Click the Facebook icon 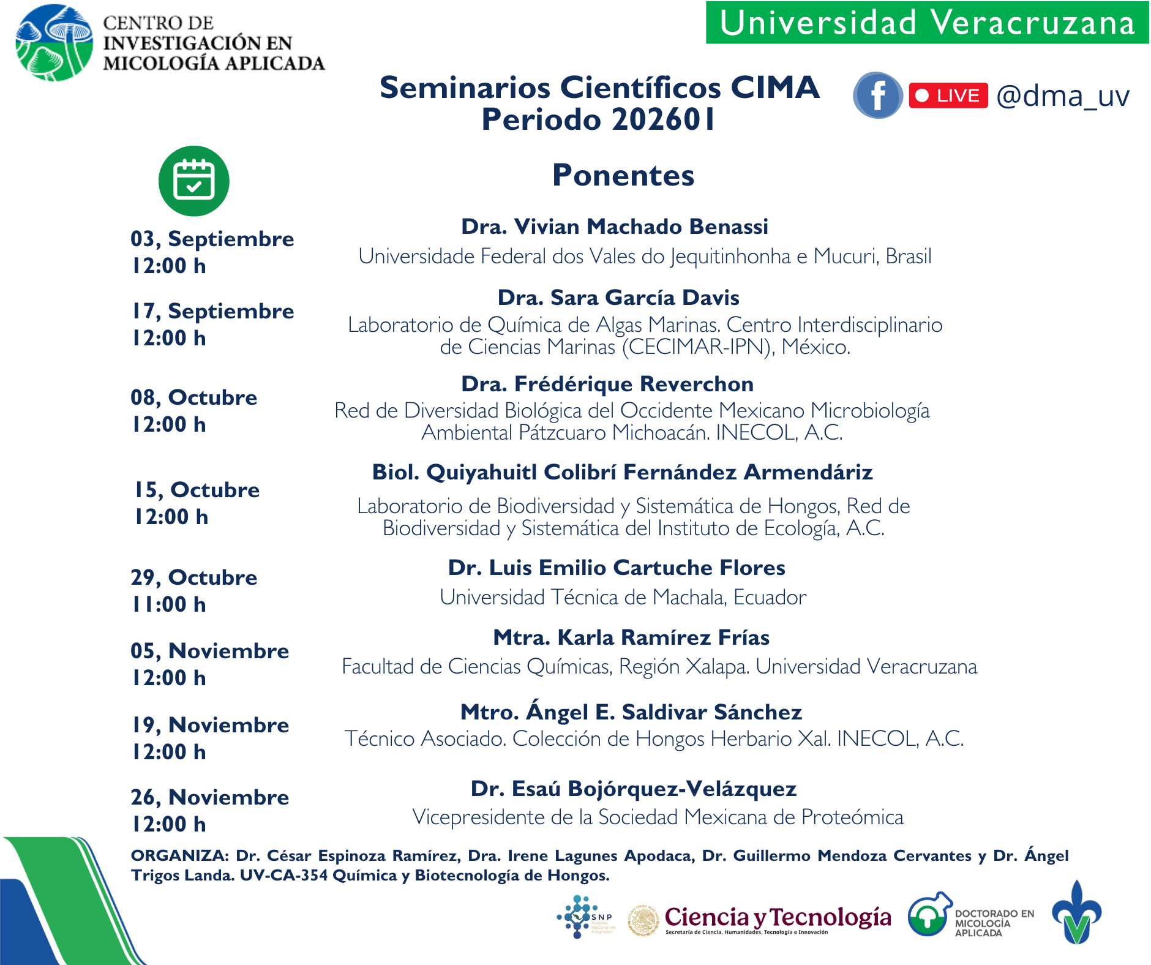tap(877, 96)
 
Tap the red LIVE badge tap(948, 96)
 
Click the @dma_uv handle tap(1062, 96)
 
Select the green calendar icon tap(193, 181)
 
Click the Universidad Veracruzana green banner tap(927, 23)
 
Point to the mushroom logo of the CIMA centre tap(54, 43)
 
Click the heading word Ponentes tap(623, 175)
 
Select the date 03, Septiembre tap(212, 239)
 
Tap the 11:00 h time tap(169, 604)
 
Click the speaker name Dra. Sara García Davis tap(618, 298)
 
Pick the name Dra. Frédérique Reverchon tap(607, 384)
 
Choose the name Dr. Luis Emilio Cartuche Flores tap(616, 568)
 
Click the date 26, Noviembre tap(209, 797)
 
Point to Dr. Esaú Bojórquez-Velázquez tap(633, 789)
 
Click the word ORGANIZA tap(180, 855)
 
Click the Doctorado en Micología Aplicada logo tap(970, 915)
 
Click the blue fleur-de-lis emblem tap(1076, 913)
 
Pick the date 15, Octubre tap(197, 490)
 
